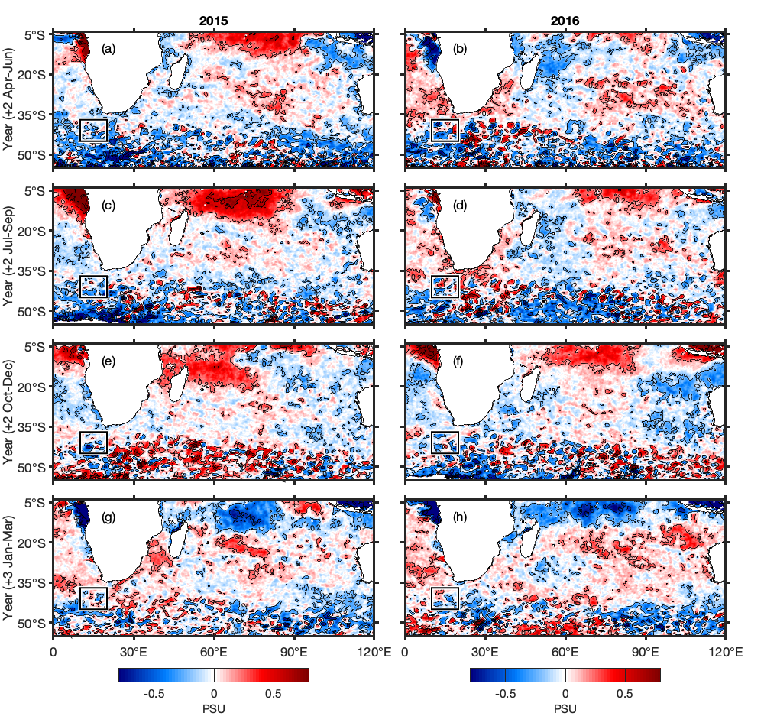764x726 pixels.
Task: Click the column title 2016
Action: (x=565, y=21)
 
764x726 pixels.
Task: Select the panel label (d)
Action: (x=461, y=206)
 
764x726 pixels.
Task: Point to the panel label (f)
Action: (x=460, y=361)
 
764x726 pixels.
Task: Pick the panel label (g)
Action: (x=108, y=517)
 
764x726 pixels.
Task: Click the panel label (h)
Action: (x=461, y=517)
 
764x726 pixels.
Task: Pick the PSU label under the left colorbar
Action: (x=214, y=708)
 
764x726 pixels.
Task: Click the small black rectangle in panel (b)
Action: (x=445, y=131)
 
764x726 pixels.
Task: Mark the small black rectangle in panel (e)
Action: (x=93, y=442)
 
